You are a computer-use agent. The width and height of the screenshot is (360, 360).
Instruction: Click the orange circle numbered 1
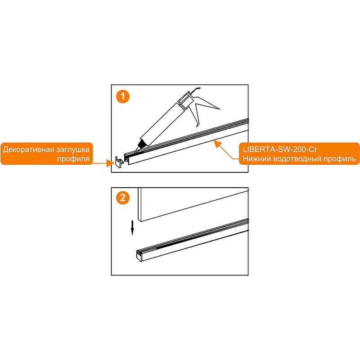[123, 96]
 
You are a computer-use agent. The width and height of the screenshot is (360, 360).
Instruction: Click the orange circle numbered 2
[123, 198]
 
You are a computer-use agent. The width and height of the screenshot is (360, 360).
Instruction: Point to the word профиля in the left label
[73, 159]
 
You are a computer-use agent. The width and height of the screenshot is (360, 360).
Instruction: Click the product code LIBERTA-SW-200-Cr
[280, 149]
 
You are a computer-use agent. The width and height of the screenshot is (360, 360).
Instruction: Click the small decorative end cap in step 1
[119, 162]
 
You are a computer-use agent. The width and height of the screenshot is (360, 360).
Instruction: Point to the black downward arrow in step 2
[132, 228]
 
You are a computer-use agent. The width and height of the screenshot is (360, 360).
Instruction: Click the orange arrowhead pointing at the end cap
[110, 163]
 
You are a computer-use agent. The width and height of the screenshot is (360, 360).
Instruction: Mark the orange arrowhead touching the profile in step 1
[217, 144]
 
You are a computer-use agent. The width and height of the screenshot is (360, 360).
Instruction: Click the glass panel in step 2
[193, 204]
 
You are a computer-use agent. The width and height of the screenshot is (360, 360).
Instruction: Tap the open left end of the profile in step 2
[139, 256]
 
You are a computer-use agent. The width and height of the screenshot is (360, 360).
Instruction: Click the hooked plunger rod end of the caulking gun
[196, 90]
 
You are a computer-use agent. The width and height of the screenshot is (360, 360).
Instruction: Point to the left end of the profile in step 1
[127, 158]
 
